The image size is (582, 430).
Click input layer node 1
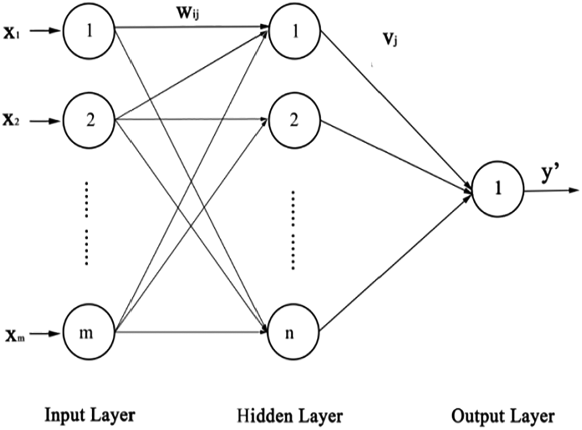[89, 30]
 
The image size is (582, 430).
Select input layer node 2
[89, 121]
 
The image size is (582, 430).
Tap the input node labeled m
[89, 333]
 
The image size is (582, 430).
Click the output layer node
[498, 191]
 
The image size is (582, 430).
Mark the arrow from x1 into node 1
[43, 30]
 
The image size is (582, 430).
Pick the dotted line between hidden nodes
[293, 230]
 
